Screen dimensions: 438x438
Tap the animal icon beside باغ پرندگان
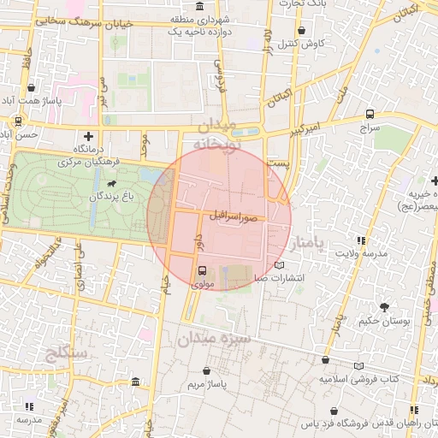112,183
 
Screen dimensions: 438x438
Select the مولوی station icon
201,269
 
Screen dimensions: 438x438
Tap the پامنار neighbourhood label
309,246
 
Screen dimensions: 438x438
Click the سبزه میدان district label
213,340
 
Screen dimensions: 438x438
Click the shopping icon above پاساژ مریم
208,370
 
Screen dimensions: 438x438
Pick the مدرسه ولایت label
359,253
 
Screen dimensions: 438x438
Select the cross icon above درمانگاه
89,136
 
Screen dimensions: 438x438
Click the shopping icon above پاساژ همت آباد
33,87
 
